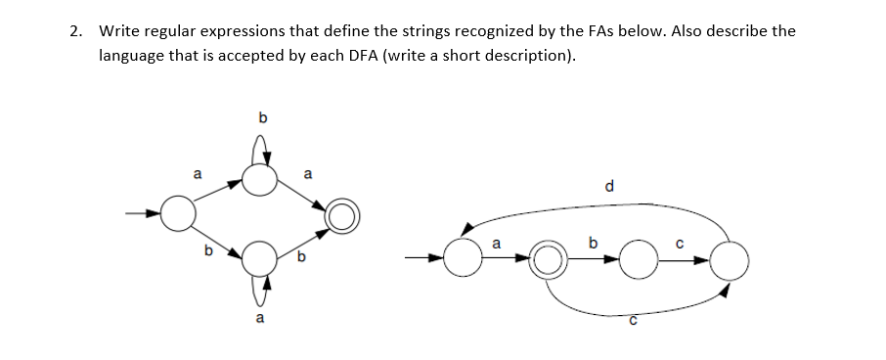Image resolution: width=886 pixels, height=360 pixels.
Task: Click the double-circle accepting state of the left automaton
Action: point(343,214)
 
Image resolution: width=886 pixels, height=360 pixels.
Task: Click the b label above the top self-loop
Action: point(260,118)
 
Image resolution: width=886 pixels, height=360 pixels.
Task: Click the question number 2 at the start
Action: point(76,30)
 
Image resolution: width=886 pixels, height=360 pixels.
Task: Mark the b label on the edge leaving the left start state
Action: point(207,250)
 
